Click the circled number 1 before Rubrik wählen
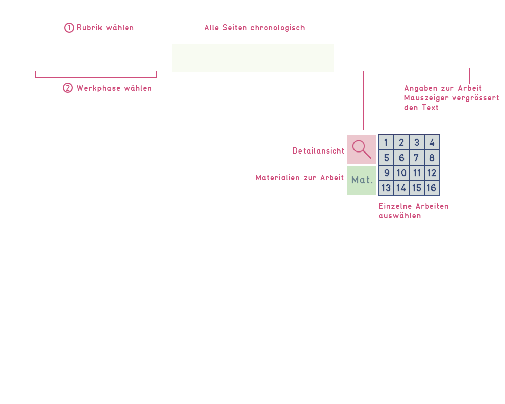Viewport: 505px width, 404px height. tap(69, 28)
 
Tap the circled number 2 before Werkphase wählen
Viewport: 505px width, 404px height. tap(68, 88)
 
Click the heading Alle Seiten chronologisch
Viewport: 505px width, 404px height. tap(255, 28)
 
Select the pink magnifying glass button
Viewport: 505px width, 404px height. tap(362, 149)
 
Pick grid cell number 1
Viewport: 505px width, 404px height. tap(386, 142)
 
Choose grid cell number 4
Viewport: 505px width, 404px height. tap(432, 142)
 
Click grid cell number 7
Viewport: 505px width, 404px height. tap(417, 158)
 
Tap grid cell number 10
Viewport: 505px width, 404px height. tap(401, 173)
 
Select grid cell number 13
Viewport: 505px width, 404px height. tap(386, 188)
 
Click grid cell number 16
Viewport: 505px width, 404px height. tap(432, 188)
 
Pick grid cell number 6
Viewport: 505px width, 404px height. tap(401, 158)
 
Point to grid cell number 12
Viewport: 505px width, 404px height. tap(432, 173)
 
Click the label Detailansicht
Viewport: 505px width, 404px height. tap(319, 151)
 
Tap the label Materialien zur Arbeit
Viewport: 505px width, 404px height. tap(299, 178)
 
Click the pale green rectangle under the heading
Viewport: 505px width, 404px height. tap(252, 58)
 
